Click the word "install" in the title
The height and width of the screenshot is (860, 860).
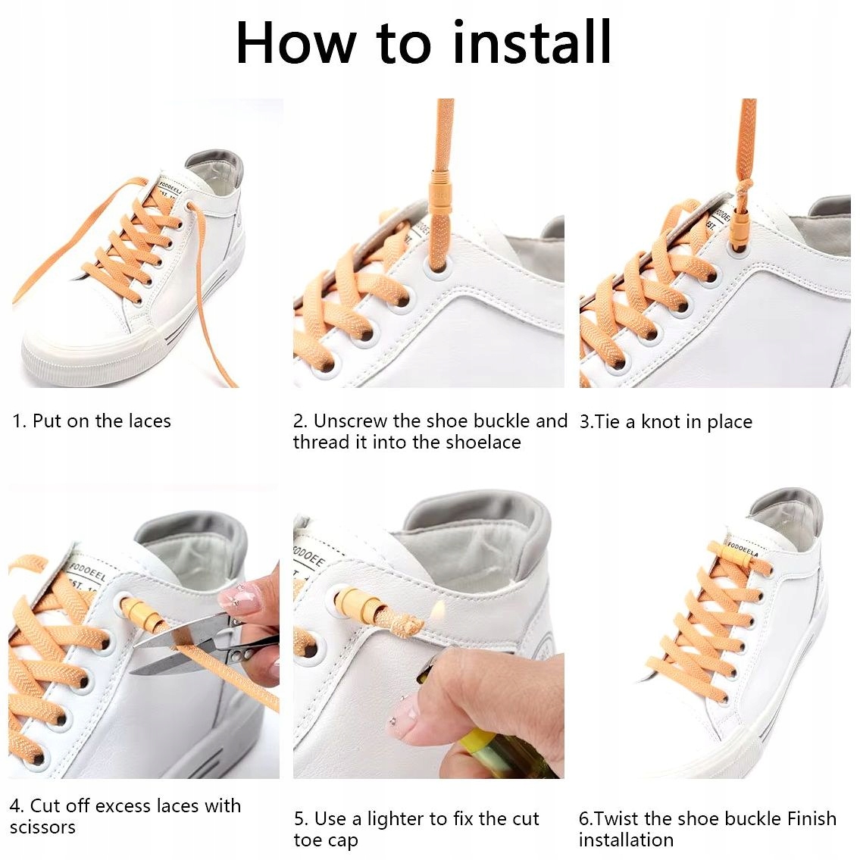(x=531, y=42)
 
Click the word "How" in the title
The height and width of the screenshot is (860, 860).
(x=296, y=42)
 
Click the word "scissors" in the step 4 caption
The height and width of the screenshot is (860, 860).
(x=42, y=827)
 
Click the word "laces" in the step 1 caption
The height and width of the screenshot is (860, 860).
(x=150, y=421)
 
